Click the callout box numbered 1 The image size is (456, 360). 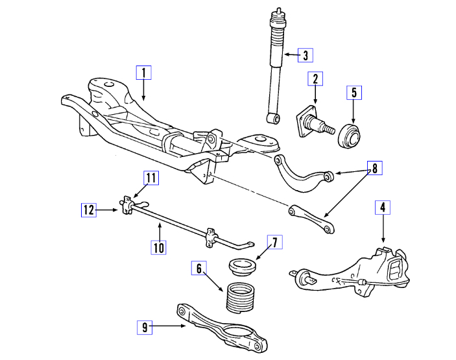[143, 72]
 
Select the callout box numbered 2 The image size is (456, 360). [315, 80]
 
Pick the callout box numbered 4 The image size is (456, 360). [383, 208]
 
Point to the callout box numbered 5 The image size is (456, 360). [354, 92]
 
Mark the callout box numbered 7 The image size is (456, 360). [274, 243]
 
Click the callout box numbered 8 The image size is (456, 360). [374, 168]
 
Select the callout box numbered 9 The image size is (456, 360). [145, 327]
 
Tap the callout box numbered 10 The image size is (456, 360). [160, 246]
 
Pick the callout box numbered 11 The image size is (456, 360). [150, 177]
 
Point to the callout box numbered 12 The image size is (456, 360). [89, 209]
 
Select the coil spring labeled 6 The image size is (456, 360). [242, 297]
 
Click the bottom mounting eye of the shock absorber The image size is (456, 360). [274, 117]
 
